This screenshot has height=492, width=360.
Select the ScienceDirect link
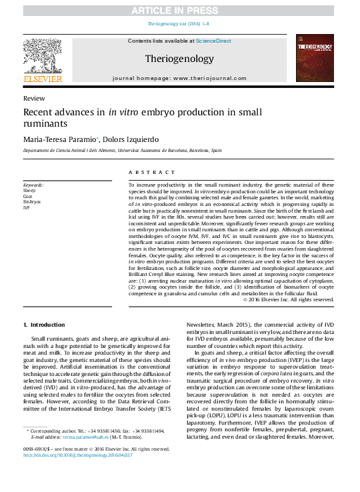pyautogui.click(x=213, y=41)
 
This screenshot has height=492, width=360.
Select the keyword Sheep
pyautogui.click(x=29, y=191)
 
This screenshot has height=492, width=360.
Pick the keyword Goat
pyautogui.click(x=28, y=197)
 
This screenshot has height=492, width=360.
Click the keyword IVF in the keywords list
pyautogui.click(x=27, y=208)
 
